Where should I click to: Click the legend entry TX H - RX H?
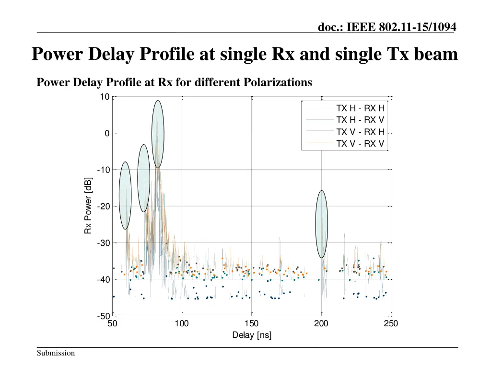(360, 108)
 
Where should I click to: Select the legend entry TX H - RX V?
(360, 119)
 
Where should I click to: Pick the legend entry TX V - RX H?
(360, 132)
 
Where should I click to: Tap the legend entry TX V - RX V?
(360, 143)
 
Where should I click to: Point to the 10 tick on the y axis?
(104, 97)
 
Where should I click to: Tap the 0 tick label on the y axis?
(107, 133)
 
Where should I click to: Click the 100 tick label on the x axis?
(182, 324)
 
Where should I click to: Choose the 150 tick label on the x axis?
(252, 324)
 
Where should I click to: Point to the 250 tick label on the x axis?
(391, 324)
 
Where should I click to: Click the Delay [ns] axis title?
(252, 335)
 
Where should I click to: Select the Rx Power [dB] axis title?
(88, 206)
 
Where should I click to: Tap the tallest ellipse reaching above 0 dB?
(158, 134)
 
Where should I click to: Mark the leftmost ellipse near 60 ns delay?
(125, 195)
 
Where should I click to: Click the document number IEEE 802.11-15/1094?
(386, 28)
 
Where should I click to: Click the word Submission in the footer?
(56, 353)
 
